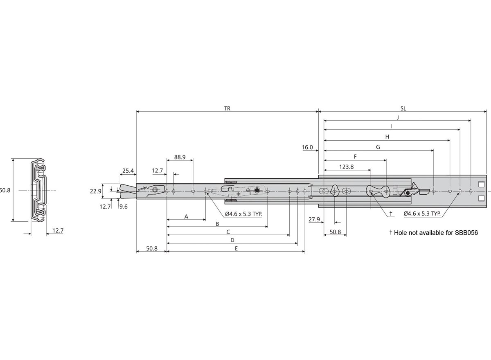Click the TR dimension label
click(x=227, y=108)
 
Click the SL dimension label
click(x=403, y=108)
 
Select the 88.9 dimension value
click(x=180, y=157)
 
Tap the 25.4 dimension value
click(x=128, y=171)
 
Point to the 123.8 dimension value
click(x=346, y=167)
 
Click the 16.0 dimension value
click(x=307, y=147)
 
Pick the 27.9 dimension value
click(x=314, y=219)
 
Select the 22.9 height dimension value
click(x=96, y=191)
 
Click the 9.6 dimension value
click(x=124, y=207)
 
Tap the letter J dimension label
click(x=398, y=118)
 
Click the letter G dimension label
click(x=378, y=147)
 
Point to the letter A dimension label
click(x=186, y=217)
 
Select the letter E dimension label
click(x=236, y=248)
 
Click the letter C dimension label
click(x=228, y=232)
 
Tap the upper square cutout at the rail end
click(x=481, y=184)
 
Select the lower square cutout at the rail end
click(x=481, y=198)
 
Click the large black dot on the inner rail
click(x=257, y=190)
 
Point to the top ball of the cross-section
click(x=40, y=162)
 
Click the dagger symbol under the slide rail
click(x=391, y=213)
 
